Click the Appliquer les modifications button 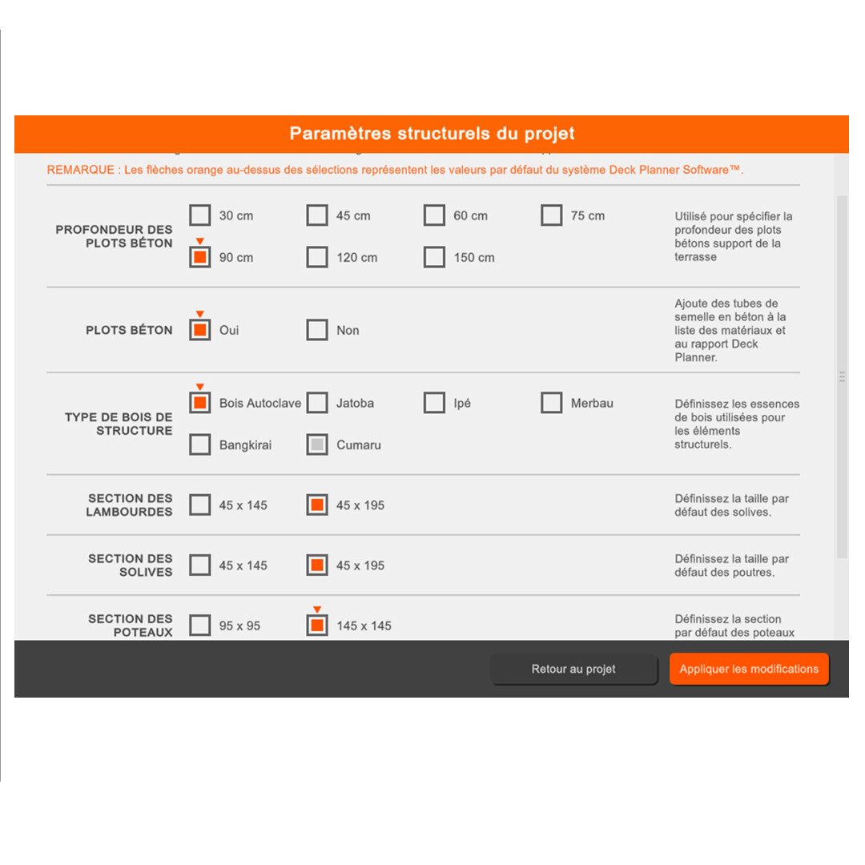click(x=749, y=669)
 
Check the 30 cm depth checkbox click(x=200, y=215)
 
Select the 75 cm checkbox click(x=551, y=215)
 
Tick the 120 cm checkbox click(x=317, y=257)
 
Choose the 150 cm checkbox click(x=434, y=257)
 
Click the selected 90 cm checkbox click(x=200, y=257)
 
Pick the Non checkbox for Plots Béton click(x=317, y=330)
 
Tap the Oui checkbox click(x=200, y=330)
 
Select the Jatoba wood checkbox click(x=317, y=403)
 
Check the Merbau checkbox click(x=551, y=403)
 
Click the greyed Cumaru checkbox click(x=317, y=445)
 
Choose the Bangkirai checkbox click(x=200, y=445)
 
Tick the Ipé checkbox click(x=434, y=403)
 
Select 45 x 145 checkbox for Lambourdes click(x=200, y=505)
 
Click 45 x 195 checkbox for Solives click(x=317, y=565)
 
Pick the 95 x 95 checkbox click(x=200, y=626)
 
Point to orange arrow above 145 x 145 click(x=317, y=610)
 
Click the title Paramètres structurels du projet click(x=432, y=134)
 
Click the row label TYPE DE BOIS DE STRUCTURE click(x=119, y=424)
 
